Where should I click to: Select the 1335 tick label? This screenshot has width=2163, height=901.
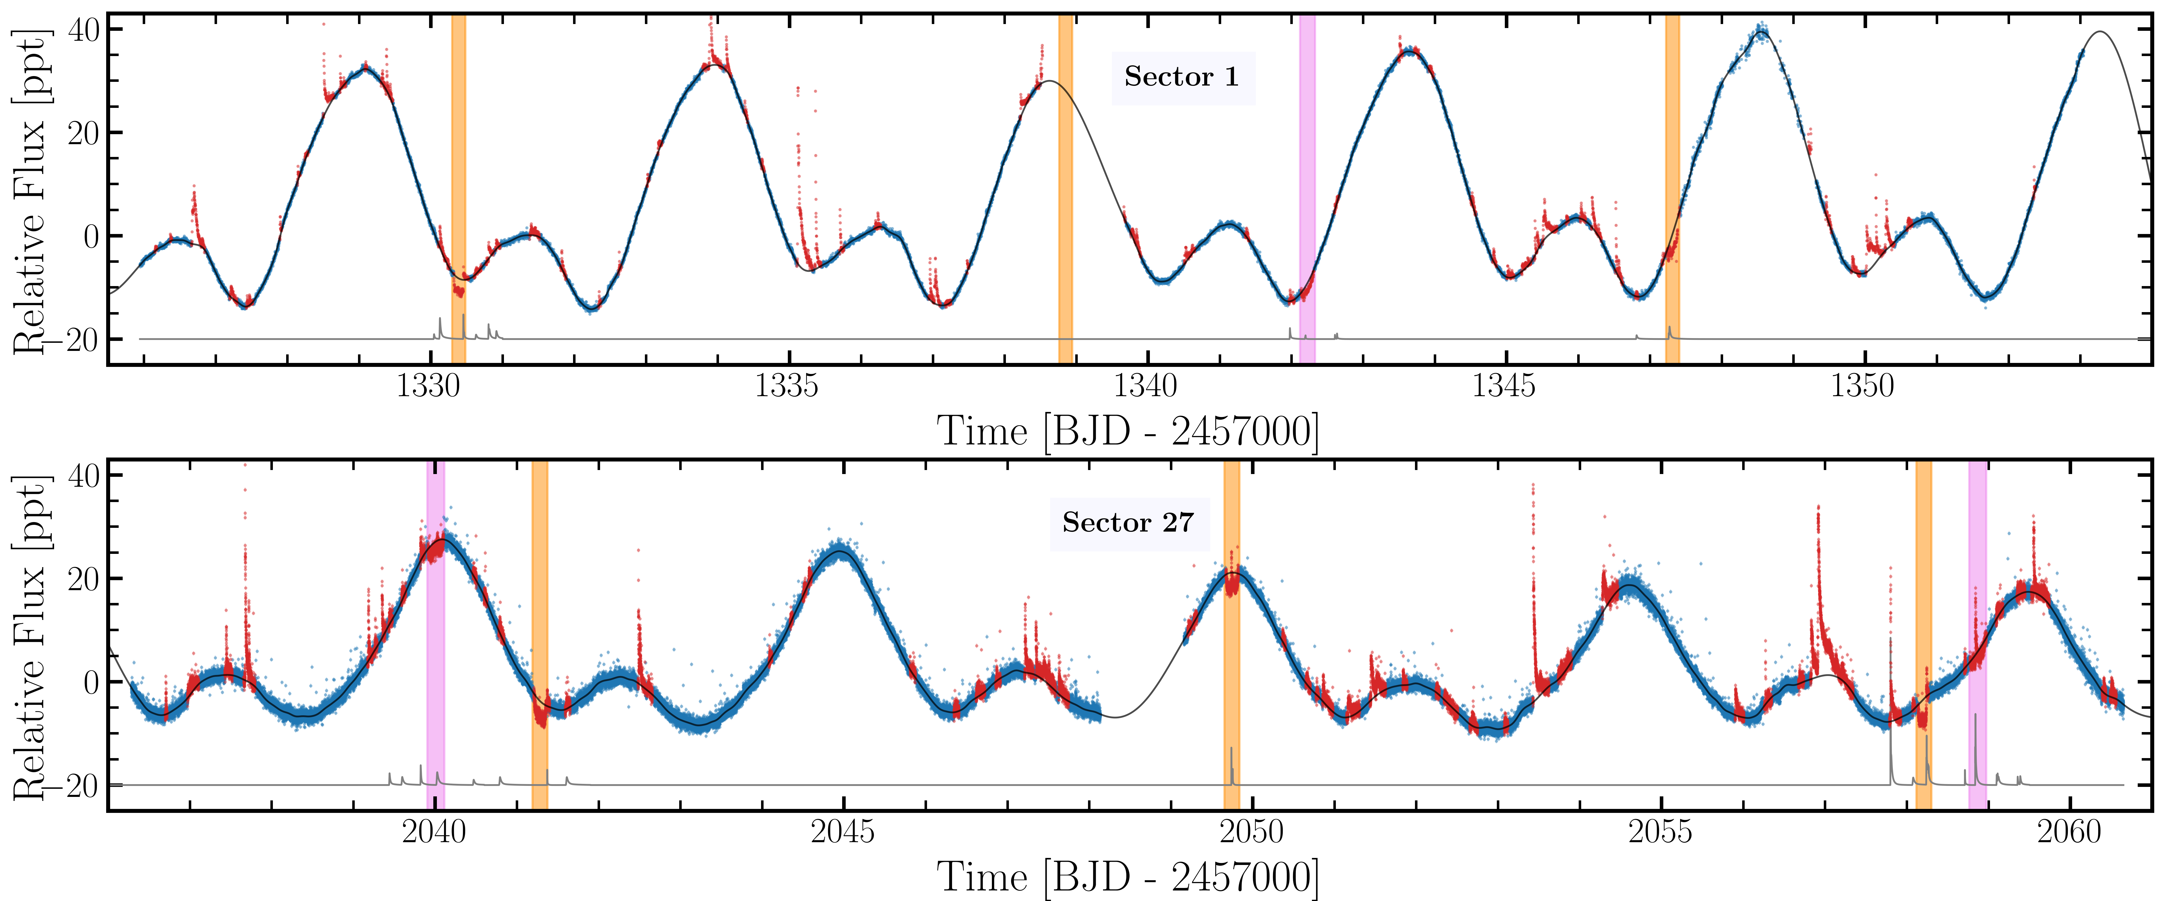coord(787,386)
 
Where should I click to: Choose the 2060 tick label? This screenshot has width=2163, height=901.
coord(2071,832)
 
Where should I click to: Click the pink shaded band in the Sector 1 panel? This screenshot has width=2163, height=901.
coord(1307,189)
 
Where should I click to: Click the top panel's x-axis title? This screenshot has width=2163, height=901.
coord(1128,432)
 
